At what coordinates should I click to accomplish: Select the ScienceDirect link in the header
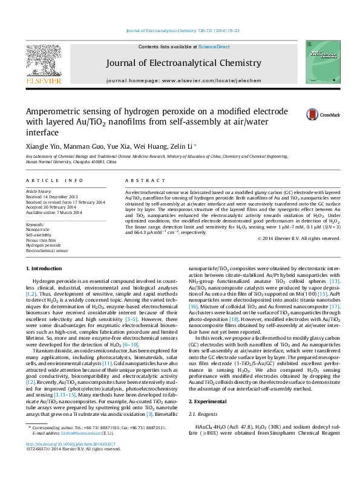coord(214,47)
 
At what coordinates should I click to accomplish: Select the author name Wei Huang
coord(145,147)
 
